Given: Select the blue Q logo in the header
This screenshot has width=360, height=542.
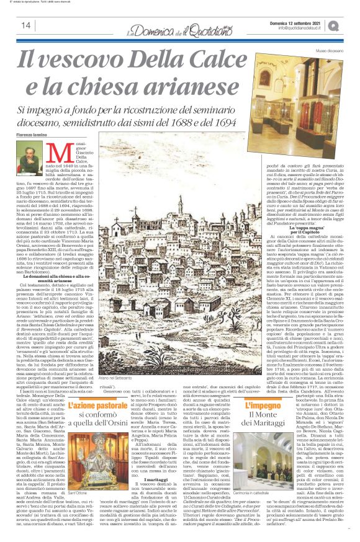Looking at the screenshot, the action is pos(350,25).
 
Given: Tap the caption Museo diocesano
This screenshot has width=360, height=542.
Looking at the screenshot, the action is pos(329,50).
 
